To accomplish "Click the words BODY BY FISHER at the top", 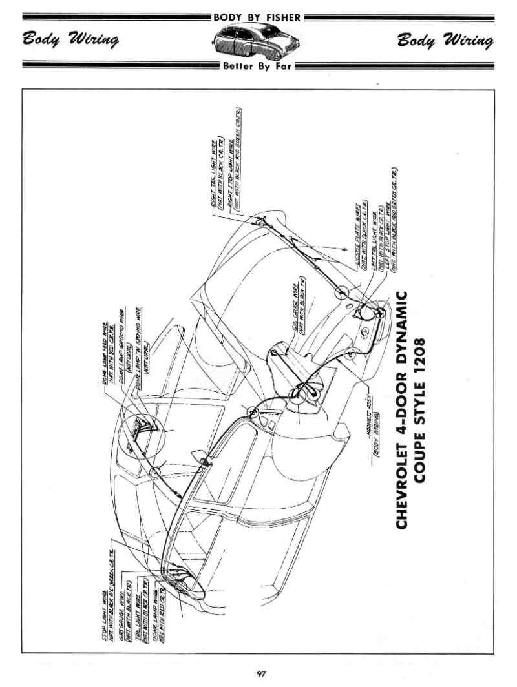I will (257, 17).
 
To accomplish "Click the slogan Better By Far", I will (257, 66).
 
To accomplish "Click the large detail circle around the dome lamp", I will (143, 429).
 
